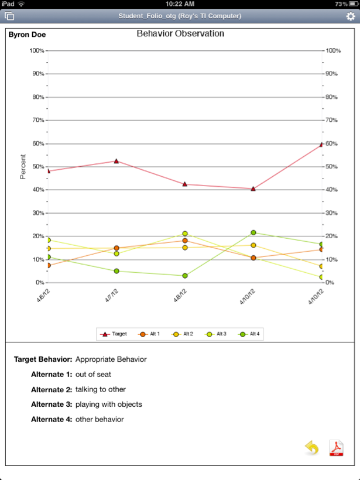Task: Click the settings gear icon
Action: (350, 16)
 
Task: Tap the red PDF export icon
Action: (336, 448)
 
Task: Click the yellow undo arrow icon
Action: (312, 448)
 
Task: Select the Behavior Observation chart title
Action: (180, 34)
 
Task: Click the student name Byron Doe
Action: (28, 35)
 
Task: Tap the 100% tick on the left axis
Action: (36, 51)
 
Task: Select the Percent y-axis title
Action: (23, 166)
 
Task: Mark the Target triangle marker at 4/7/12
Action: (116, 161)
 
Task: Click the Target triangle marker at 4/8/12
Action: (185, 184)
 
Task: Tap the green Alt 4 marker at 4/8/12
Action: (185, 276)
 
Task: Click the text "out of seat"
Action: (93, 374)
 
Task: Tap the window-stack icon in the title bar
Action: (9, 16)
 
